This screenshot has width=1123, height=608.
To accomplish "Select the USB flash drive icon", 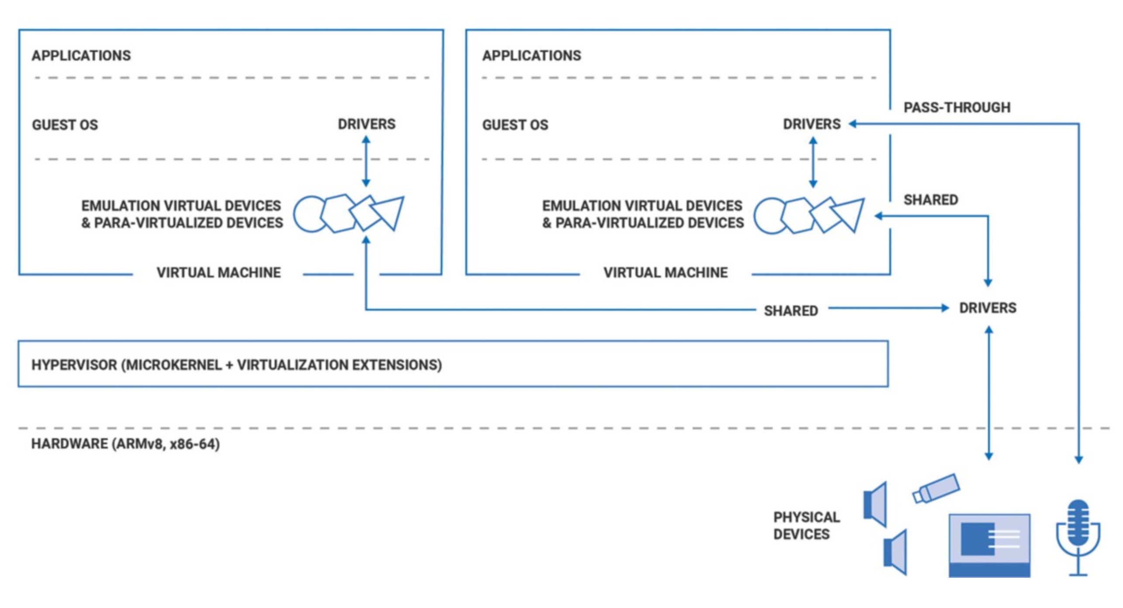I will pyautogui.click(x=936, y=488).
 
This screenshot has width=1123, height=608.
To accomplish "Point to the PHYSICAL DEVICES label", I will pyautogui.click(x=806, y=525).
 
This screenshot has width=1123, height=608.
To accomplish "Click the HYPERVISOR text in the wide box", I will pyautogui.click(x=236, y=365).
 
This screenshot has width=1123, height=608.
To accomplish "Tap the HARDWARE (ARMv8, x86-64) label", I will pyautogui.click(x=125, y=444).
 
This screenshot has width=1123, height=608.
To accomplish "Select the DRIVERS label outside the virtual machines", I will pyautogui.click(x=987, y=308).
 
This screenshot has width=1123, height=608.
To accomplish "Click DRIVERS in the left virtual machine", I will pyautogui.click(x=366, y=124).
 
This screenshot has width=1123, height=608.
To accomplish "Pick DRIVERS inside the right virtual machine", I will pyautogui.click(x=811, y=124).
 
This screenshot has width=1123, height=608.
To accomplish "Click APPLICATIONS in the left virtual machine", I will pyautogui.click(x=81, y=55).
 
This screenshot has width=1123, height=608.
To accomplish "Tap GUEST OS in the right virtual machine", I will pyautogui.click(x=515, y=125).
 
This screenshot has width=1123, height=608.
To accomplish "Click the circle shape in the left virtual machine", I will pyautogui.click(x=309, y=214).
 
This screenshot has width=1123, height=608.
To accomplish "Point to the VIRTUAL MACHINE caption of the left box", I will pyautogui.click(x=218, y=273).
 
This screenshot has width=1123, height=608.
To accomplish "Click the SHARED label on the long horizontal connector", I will pyautogui.click(x=790, y=311).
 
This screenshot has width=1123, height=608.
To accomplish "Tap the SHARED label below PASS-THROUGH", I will pyautogui.click(x=930, y=200).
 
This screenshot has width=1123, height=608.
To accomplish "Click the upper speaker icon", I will pyautogui.click(x=876, y=504).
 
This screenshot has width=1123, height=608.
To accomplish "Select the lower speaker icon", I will pyautogui.click(x=895, y=553).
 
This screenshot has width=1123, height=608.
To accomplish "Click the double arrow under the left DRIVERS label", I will pyautogui.click(x=366, y=161).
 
